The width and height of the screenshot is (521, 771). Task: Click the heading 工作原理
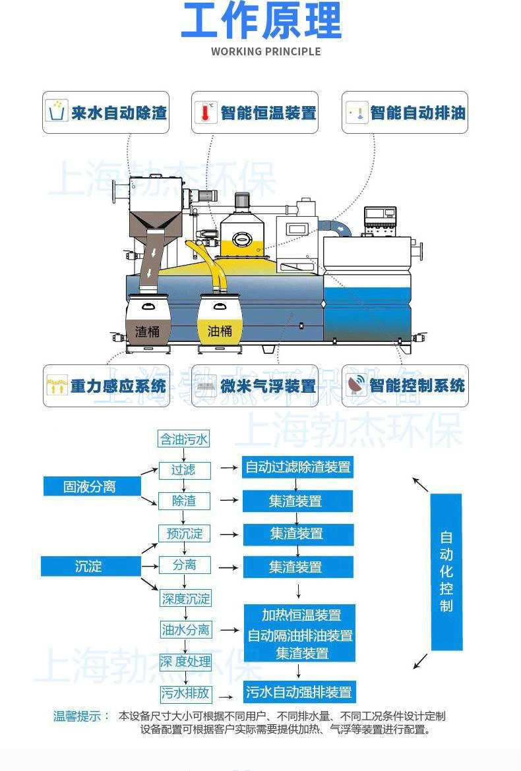point(260,20)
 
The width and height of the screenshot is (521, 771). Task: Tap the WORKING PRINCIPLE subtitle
point(266,51)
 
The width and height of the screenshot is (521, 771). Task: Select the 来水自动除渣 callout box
point(106,112)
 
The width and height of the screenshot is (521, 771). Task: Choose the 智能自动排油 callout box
point(404,112)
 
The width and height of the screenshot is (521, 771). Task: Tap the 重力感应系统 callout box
point(106,385)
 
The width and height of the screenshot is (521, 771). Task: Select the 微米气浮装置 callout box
point(255,385)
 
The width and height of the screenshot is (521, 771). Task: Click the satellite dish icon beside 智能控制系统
point(355,385)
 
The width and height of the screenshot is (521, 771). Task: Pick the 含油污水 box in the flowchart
point(184,439)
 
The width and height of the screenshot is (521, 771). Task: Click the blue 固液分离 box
point(92,486)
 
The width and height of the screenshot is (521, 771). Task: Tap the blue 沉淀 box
point(90,566)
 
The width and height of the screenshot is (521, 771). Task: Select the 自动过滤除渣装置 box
point(298,467)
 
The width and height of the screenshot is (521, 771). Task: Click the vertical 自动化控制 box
point(446,571)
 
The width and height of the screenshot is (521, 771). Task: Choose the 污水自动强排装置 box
point(299,692)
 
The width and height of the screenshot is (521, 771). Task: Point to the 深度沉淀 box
point(186,598)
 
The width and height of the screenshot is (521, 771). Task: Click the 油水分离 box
point(186,629)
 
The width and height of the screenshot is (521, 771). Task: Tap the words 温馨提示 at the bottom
point(77,716)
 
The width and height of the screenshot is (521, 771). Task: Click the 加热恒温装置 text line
point(301,615)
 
